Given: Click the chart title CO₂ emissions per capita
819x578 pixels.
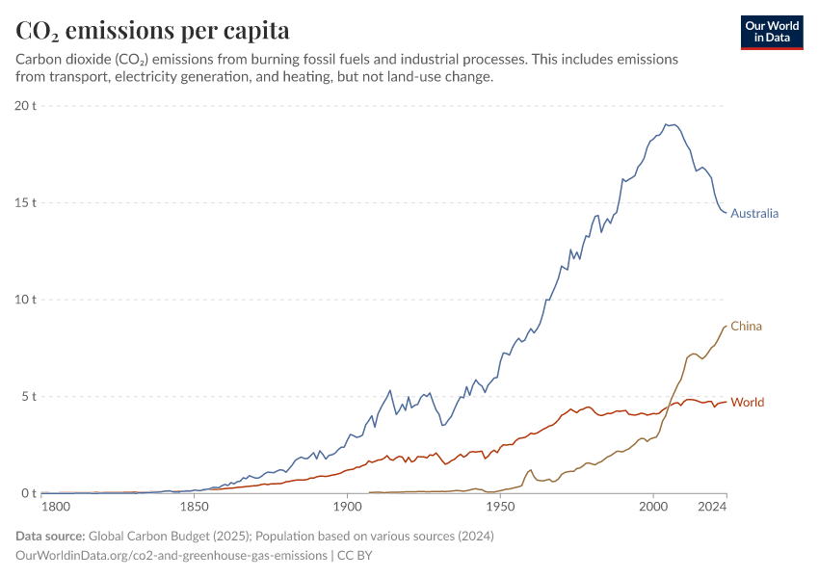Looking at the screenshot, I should [x=152, y=31].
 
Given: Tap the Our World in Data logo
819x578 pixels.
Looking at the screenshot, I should [x=771, y=32].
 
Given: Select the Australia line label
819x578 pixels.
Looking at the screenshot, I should [x=754, y=214].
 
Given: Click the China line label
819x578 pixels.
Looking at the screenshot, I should [x=746, y=326].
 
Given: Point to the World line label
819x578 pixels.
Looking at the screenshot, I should [x=748, y=402].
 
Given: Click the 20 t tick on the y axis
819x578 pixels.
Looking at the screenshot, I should [x=25, y=105].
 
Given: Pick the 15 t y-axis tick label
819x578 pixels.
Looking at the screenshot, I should [x=25, y=202].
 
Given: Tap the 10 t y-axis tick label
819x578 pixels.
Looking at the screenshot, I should [x=25, y=300].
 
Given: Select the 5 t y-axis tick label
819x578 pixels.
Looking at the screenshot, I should [x=28, y=396].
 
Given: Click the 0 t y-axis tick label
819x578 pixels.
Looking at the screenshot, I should [x=28, y=493].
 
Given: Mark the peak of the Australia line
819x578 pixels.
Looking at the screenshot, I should [x=666, y=124].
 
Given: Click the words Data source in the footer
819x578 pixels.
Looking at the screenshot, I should [x=50, y=536].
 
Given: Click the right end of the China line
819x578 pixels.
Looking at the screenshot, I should [x=727, y=326].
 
